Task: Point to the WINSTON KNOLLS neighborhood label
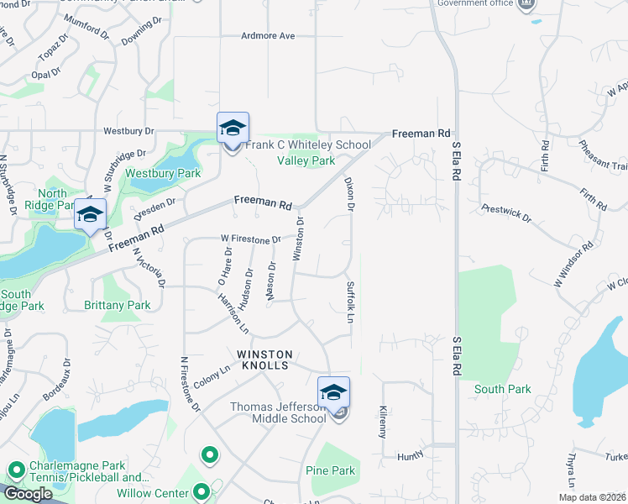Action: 264,360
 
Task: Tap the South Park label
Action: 502,389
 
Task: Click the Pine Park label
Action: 330,470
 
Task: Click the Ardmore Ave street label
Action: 268,36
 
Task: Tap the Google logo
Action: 28,494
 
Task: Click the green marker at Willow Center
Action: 201,491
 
